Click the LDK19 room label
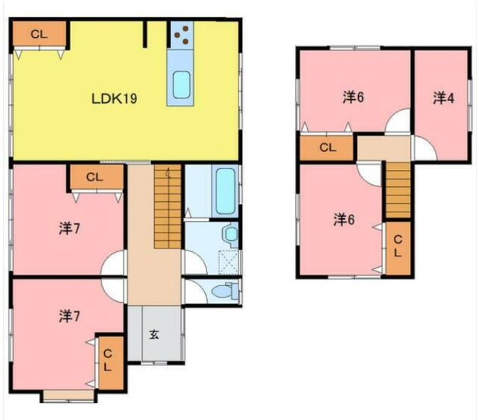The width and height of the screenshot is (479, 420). (114, 98)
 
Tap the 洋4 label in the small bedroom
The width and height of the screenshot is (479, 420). (444, 98)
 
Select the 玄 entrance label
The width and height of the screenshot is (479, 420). (154, 335)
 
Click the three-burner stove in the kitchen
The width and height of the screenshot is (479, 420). (182, 35)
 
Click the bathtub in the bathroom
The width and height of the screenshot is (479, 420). (226, 191)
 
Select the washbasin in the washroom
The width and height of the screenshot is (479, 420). (231, 234)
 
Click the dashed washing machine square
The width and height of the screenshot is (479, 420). (229, 262)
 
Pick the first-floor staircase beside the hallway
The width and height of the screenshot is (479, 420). (167, 207)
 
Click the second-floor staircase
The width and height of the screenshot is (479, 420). (397, 191)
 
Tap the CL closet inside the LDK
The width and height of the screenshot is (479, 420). (39, 34)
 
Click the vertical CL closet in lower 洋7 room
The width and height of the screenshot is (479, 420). (111, 363)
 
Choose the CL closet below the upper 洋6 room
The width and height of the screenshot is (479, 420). (327, 148)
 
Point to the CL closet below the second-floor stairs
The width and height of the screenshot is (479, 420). (398, 248)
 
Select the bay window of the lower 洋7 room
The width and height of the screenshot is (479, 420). (69, 396)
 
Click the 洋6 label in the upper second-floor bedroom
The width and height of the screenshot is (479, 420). (353, 98)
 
